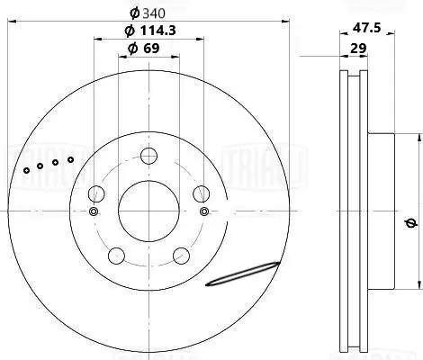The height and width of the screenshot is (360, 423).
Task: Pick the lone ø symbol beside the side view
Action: pyautogui.click(x=410, y=223)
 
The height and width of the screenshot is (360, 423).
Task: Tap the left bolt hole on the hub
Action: pyautogui.click(x=97, y=193)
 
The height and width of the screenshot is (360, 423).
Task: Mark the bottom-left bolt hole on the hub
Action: pyautogui.click(x=116, y=253)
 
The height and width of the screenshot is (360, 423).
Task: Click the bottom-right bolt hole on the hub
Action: pyautogui.click(x=180, y=253)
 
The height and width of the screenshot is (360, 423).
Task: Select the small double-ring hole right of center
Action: pyautogui.click(x=205, y=211)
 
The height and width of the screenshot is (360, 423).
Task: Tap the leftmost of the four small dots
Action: pyautogui.click(x=28, y=170)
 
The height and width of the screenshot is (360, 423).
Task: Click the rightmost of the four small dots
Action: pyautogui.click(x=69, y=159)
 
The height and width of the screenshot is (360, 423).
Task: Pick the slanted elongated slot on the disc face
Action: pyautogui.click(x=243, y=274)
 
